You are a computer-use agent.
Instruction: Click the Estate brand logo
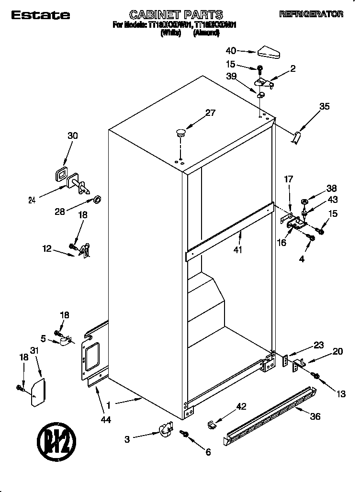coord(41,15)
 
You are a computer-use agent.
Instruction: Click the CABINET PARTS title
coord(177,15)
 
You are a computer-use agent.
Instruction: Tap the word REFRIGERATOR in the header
coord(311,14)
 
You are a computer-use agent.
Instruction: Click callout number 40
coord(230,50)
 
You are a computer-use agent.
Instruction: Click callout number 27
coord(210,113)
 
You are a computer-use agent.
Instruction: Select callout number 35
coord(324,107)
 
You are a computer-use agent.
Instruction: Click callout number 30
coord(72,135)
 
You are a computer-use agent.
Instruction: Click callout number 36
coord(315,416)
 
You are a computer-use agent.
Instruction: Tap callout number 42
coord(241,407)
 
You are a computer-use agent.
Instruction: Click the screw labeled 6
coord(184,433)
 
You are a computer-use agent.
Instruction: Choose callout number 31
coord(34,351)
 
